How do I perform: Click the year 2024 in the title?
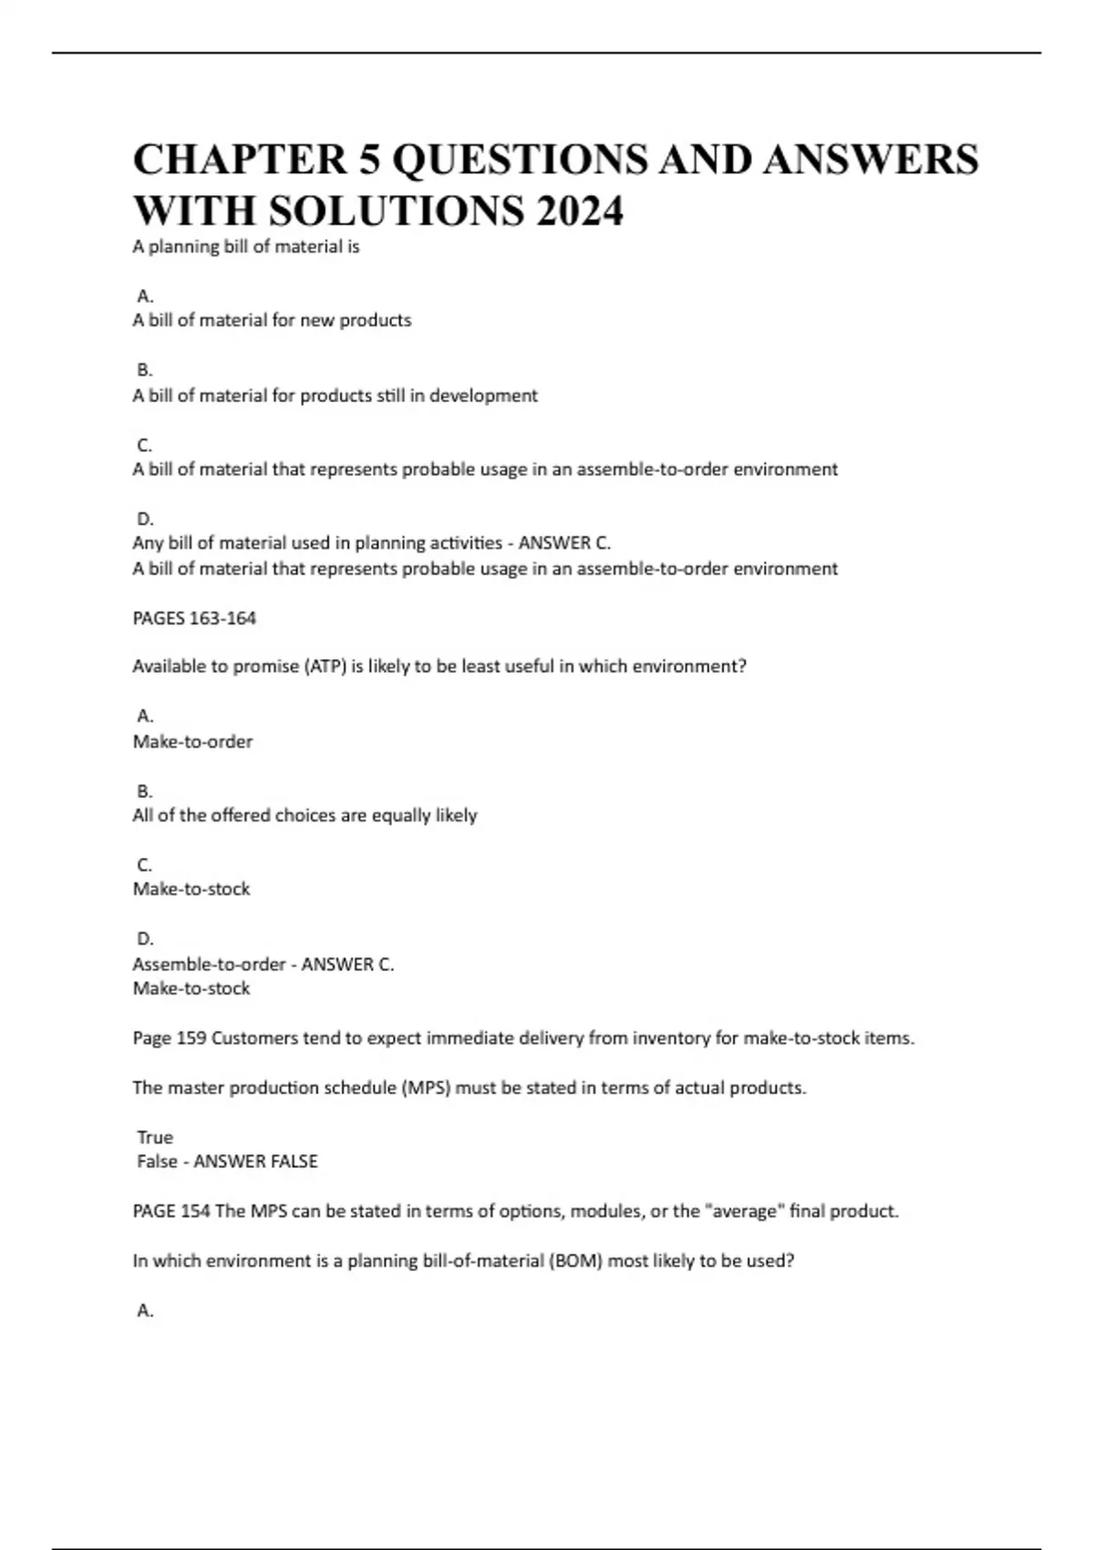(x=580, y=212)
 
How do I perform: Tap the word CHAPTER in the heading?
(x=240, y=160)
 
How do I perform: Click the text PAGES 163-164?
(x=194, y=618)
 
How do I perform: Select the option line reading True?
(x=154, y=1137)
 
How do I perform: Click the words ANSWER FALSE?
(x=255, y=1162)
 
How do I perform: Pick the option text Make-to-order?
(x=192, y=741)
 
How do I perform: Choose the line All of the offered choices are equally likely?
(x=304, y=815)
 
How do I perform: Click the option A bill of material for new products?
(x=272, y=320)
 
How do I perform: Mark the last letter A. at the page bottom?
(x=145, y=1310)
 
